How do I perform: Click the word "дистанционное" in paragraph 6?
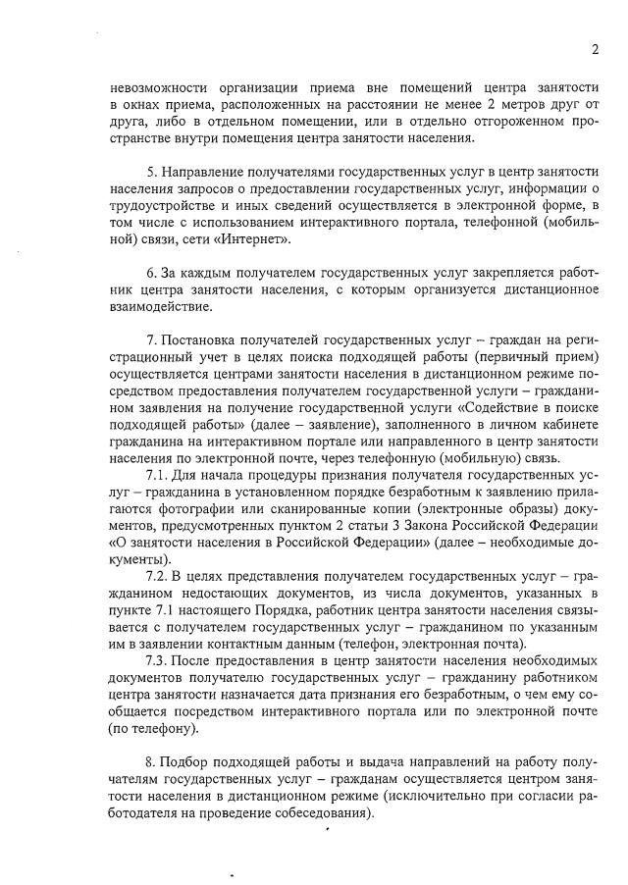(x=549, y=289)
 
